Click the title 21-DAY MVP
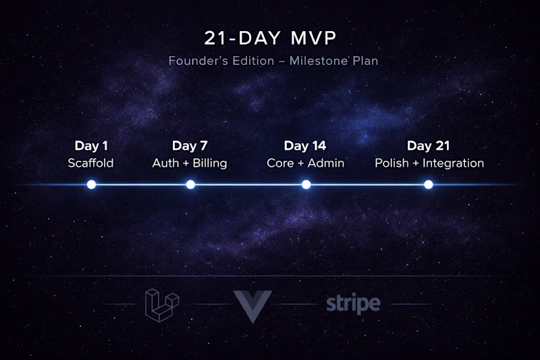pyautogui.click(x=270, y=36)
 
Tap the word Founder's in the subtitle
pyautogui.click(x=192, y=61)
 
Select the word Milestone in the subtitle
pyautogui.click(x=317, y=61)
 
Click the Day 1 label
pyautogui.click(x=90, y=146)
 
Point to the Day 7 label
pyautogui.click(x=190, y=146)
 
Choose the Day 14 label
pyautogui.click(x=305, y=146)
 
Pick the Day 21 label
pyautogui.click(x=429, y=146)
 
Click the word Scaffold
pyautogui.click(x=90, y=163)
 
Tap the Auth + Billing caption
pyautogui.click(x=190, y=163)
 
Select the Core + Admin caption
pyautogui.click(x=305, y=163)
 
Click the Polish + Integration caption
pyautogui.click(x=429, y=163)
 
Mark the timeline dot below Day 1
pyautogui.click(x=91, y=184)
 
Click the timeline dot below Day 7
pyautogui.click(x=190, y=184)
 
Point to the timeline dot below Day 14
pyautogui.click(x=306, y=184)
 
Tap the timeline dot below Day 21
pyautogui.click(x=429, y=184)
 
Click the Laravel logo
pyautogui.click(x=162, y=304)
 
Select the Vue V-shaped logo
pyautogui.click(x=252, y=304)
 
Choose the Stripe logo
pyautogui.click(x=353, y=304)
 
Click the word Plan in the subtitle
pyautogui.click(x=364, y=61)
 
